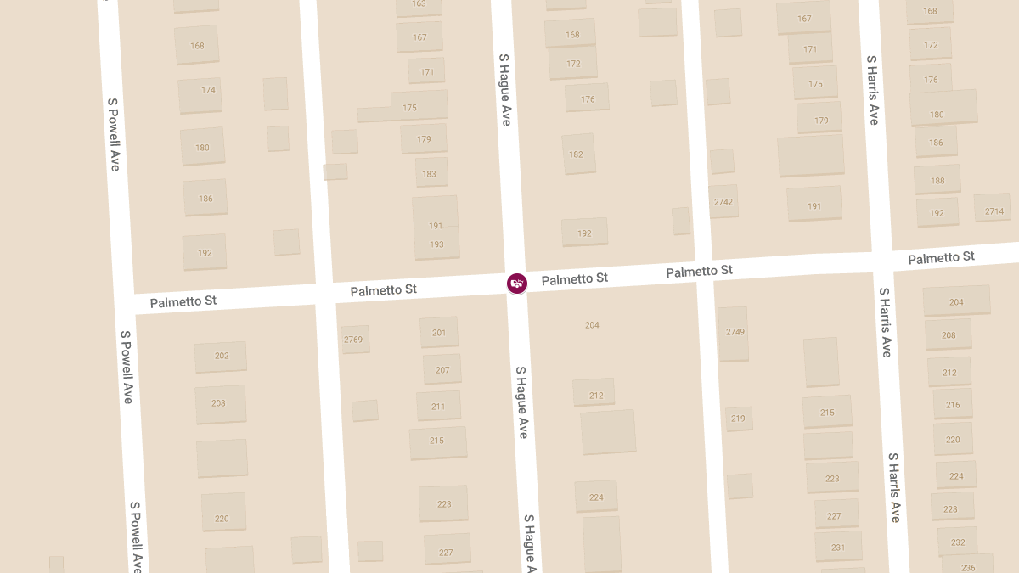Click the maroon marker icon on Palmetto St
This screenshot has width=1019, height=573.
(x=516, y=283)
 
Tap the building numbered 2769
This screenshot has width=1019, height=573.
(x=353, y=340)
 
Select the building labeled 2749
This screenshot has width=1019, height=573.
(x=735, y=332)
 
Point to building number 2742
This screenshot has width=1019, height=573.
(x=723, y=202)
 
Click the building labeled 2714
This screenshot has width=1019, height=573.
(x=994, y=211)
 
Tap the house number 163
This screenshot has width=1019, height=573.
(x=419, y=4)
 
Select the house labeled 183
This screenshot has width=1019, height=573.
(x=429, y=174)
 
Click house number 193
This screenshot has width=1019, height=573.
(x=436, y=244)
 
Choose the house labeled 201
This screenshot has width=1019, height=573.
(x=438, y=333)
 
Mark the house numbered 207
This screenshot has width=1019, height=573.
(x=442, y=370)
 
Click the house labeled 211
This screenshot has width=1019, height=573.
(x=438, y=406)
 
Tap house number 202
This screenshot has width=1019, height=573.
(x=221, y=356)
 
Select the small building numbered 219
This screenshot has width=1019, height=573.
(x=738, y=419)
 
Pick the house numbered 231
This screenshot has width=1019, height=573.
(x=838, y=548)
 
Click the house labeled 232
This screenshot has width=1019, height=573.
(x=958, y=542)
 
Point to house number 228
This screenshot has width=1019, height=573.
(x=950, y=509)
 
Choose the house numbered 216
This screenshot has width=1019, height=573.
(x=953, y=405)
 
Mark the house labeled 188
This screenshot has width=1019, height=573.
(x=937, y=180)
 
